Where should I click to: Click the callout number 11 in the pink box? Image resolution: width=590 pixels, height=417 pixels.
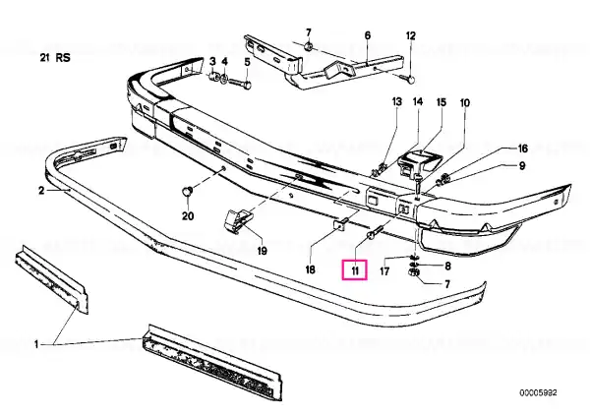355,270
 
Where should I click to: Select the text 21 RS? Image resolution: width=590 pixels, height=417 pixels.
55,58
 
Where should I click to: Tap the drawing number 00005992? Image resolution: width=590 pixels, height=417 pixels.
539,393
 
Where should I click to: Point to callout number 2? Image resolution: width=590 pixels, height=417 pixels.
41,191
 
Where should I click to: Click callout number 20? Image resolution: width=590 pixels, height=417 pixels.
188,216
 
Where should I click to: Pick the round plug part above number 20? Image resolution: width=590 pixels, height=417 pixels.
188,191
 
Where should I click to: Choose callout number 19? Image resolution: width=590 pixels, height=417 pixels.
262,250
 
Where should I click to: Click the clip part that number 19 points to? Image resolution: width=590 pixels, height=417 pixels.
239,221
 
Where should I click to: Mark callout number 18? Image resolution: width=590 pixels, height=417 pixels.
310,269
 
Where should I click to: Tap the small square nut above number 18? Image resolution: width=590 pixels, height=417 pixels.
341,224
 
